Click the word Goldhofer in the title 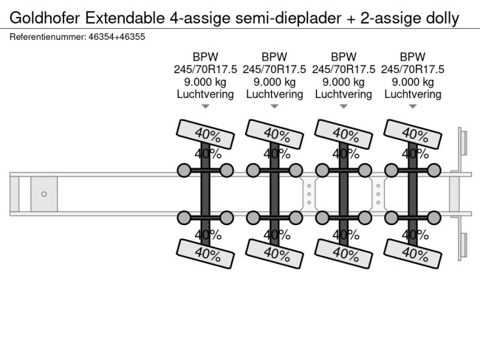coord(45,18)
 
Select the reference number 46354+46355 coord(117,37)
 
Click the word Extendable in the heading coord(125,18)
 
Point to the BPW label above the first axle coord(205,57)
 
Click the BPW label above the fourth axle coord(413,57)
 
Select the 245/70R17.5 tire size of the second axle coord(275,69)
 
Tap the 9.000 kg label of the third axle coord(343,82)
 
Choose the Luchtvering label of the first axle coord(205,94)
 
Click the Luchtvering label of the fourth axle coord(413,94)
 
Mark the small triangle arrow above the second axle coord(275,106)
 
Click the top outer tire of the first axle coord(205,134)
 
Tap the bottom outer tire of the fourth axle coord(413,254)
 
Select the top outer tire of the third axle coord(343,134)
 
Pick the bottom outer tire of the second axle coord(275,254)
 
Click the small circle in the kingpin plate coord(44,194)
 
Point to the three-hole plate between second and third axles coord(309,194)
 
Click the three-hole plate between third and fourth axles coord(378,194)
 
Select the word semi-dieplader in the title coord(288,18)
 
